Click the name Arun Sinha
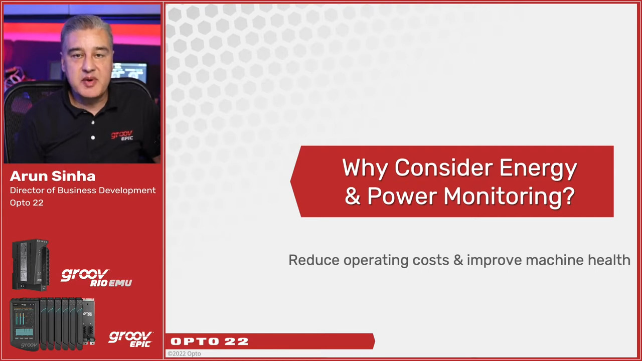coord(53,176)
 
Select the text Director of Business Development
coord(83,191)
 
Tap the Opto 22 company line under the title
coord(27,203)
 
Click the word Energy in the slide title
coord(538,169)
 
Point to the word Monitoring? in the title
coord(509,197)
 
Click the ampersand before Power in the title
coord(353,196)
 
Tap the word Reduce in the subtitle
coord(314,260)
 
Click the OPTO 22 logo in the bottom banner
coord(210,341)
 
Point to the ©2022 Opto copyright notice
coord(184,354)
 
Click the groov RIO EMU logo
coord(96,277)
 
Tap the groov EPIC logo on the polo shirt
coord(122,135)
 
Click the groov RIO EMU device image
coord(31,265)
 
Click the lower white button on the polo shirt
coord(93,137)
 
